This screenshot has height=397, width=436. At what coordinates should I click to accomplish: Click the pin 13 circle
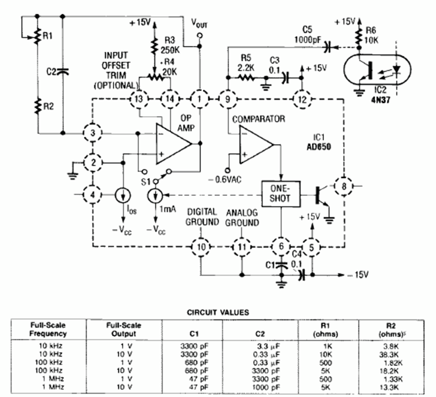coord(138,99)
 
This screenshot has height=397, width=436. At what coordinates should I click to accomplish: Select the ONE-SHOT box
coord(281,194)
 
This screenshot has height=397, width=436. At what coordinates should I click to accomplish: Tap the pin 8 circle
coord(344,186)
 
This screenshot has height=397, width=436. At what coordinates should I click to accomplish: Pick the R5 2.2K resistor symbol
coord(246,78)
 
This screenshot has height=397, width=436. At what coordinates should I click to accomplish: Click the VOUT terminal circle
coord(199,35)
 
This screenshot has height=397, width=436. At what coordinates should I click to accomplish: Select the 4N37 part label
coord(381,99)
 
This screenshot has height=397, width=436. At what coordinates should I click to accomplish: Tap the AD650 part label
coord(319,146)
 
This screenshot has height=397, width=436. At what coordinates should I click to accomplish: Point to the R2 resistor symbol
coord(38,106)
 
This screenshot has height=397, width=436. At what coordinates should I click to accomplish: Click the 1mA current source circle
coord(156,195)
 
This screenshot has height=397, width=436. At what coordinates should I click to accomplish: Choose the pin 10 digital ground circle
coord(201,247)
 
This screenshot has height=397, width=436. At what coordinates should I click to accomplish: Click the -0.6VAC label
coord(225,179)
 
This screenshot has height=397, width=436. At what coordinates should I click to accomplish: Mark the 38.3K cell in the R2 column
coord(389,354)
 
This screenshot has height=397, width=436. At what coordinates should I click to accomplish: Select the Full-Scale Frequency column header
coord(48,329)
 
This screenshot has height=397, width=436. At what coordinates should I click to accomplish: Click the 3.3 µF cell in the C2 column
coord(268,346)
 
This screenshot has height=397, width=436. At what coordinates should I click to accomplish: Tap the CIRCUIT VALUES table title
coord(218,312)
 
